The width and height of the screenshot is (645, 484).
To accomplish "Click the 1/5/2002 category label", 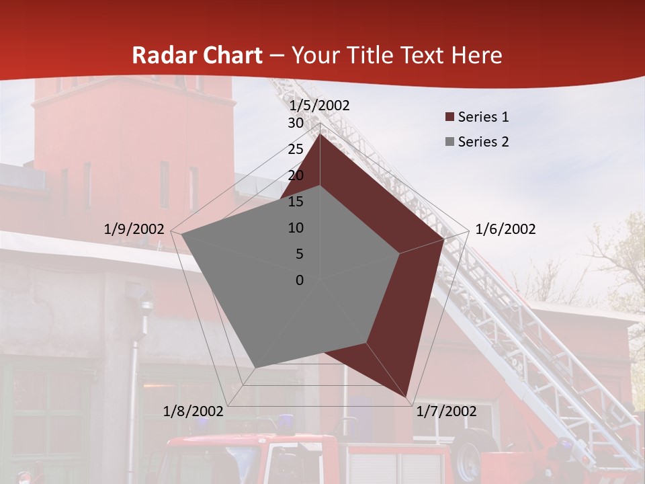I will coord(319,106).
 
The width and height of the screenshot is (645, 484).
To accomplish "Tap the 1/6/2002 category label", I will coord(505,229).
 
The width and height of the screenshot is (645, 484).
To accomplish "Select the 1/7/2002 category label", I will coord(446,411).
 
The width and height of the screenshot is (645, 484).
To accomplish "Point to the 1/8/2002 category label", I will coord(193,411).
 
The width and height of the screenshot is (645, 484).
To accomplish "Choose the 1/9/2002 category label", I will coord(134,229).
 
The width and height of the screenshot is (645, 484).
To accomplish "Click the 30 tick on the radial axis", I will coord(296,123).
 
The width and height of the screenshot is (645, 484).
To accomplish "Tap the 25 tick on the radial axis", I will coord(296,149).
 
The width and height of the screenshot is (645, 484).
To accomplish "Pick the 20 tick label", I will coord(296,175).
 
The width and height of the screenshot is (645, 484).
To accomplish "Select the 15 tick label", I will coord(296,202).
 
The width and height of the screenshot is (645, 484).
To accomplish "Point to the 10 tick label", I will coord(296,228).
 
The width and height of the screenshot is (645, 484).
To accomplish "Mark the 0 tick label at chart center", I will coord(300,280).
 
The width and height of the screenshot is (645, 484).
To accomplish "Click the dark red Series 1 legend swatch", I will coord(449,117).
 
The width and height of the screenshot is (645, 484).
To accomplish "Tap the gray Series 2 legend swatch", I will coord(449,142).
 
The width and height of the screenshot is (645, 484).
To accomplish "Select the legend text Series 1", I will coord(483,117).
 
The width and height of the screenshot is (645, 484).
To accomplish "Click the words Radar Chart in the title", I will coord(197,55).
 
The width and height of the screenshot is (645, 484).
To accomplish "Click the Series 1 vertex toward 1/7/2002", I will coord(406,396).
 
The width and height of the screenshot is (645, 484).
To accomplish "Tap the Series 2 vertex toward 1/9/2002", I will coord(182,235).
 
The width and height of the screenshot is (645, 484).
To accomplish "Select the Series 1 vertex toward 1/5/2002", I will coord(320,134).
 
